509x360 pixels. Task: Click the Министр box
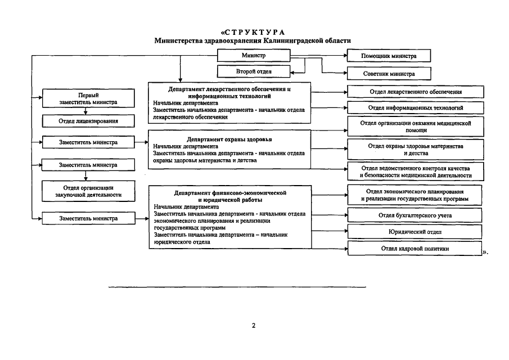(254, 55)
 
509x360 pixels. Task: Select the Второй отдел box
(254, 71)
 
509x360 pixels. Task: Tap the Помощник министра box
(389, 56)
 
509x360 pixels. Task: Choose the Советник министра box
(389, 74)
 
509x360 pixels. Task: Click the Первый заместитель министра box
(89, 99)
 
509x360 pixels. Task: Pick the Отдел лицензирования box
(89, 121)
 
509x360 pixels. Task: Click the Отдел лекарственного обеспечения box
(416, 91)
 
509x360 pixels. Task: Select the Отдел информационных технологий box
(416, 107)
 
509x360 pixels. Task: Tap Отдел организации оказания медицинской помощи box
(416, 126)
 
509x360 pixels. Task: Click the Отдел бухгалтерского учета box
(416, 215)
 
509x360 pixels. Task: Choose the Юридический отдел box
(416, 232)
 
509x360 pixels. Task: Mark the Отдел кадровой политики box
(415, 248)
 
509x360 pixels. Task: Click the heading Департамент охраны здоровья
(229, 138)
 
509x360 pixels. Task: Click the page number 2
(254, 326)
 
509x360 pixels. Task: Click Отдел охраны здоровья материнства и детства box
(416, 149)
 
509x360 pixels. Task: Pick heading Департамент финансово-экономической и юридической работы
(229, 196)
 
